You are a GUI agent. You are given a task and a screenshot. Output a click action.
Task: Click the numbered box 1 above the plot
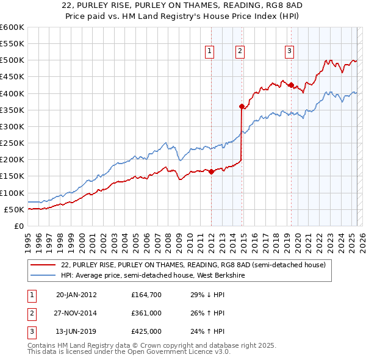tap(209, 52)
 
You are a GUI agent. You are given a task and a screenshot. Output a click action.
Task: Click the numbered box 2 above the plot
tap(240, 52)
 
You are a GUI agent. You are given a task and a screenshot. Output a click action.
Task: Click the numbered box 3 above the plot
tap(289, 52)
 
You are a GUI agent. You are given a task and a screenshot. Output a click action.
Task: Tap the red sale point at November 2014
tap(242, 106)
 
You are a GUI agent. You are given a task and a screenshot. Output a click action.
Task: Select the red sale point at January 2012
tap(212, 171)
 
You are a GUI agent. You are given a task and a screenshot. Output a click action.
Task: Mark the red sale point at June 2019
tap(291, 85)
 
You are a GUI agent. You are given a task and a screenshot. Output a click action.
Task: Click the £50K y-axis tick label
tap(14, 209)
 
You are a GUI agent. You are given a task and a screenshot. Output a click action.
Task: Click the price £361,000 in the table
tap(146, 314)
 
